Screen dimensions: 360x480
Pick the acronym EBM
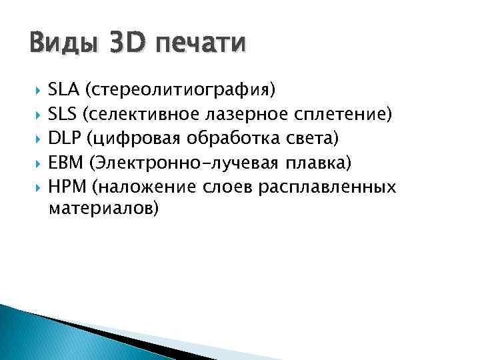click(65, 163)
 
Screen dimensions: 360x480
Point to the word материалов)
click(104, 209)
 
